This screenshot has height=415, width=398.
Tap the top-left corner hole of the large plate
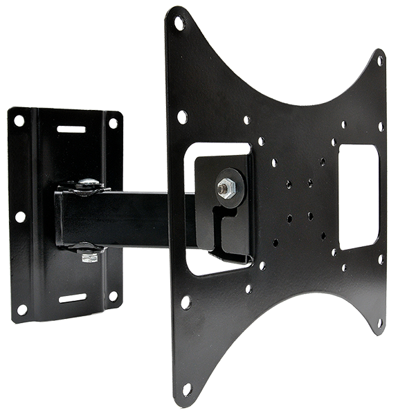pos(179,23)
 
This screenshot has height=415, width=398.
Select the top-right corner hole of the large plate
pos(380,61)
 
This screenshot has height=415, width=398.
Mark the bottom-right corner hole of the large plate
pos(379,322)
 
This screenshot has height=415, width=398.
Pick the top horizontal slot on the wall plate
pos(71,129)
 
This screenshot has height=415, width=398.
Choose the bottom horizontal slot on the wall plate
pos(72,297)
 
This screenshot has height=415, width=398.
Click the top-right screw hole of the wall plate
pos(113,123)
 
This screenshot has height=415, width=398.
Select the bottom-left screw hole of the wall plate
pos(22,309)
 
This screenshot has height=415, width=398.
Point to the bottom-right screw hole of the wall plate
pos(113,296)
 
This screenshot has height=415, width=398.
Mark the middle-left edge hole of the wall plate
pos(20,216)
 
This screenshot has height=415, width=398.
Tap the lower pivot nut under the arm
pos(88,257)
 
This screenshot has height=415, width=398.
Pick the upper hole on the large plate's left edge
pos(182,117)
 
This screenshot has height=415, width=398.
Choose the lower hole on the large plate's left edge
pos(186,302)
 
